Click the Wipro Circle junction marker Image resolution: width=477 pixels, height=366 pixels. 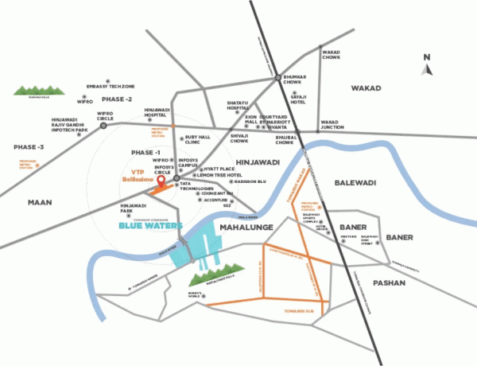point(103,125)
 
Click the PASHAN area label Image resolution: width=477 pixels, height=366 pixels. point(389,282)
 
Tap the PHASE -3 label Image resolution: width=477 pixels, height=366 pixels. point(29,148)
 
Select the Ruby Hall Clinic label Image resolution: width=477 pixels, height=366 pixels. point(196,140)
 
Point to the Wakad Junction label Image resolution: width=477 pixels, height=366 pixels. point(335,125)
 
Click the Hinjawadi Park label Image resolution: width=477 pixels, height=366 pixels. point(133,209)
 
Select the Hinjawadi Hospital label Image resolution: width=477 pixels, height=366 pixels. point(159,114)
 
